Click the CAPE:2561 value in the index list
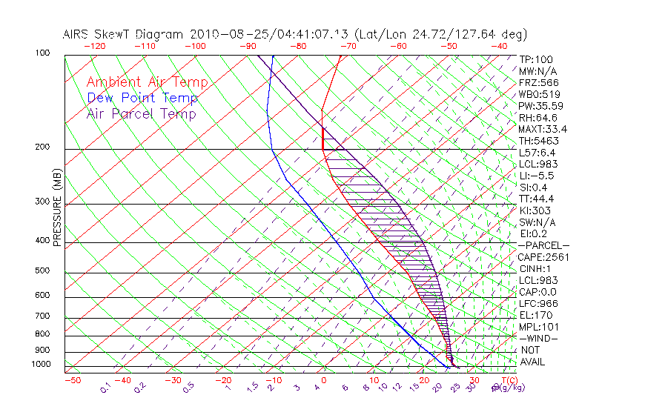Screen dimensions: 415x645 pos(540,257)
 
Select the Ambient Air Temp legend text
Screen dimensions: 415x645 pos(147,82)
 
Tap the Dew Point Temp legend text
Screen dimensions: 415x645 pos(142,98)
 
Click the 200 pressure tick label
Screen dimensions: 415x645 pos(42,147)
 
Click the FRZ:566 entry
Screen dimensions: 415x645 pos(535,82)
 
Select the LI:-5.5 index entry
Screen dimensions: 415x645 pos(536,176)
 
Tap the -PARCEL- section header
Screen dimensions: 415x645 pos(543,245)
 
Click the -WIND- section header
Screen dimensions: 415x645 pos(538,338)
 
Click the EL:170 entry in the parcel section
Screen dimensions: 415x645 pos(534,315)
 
